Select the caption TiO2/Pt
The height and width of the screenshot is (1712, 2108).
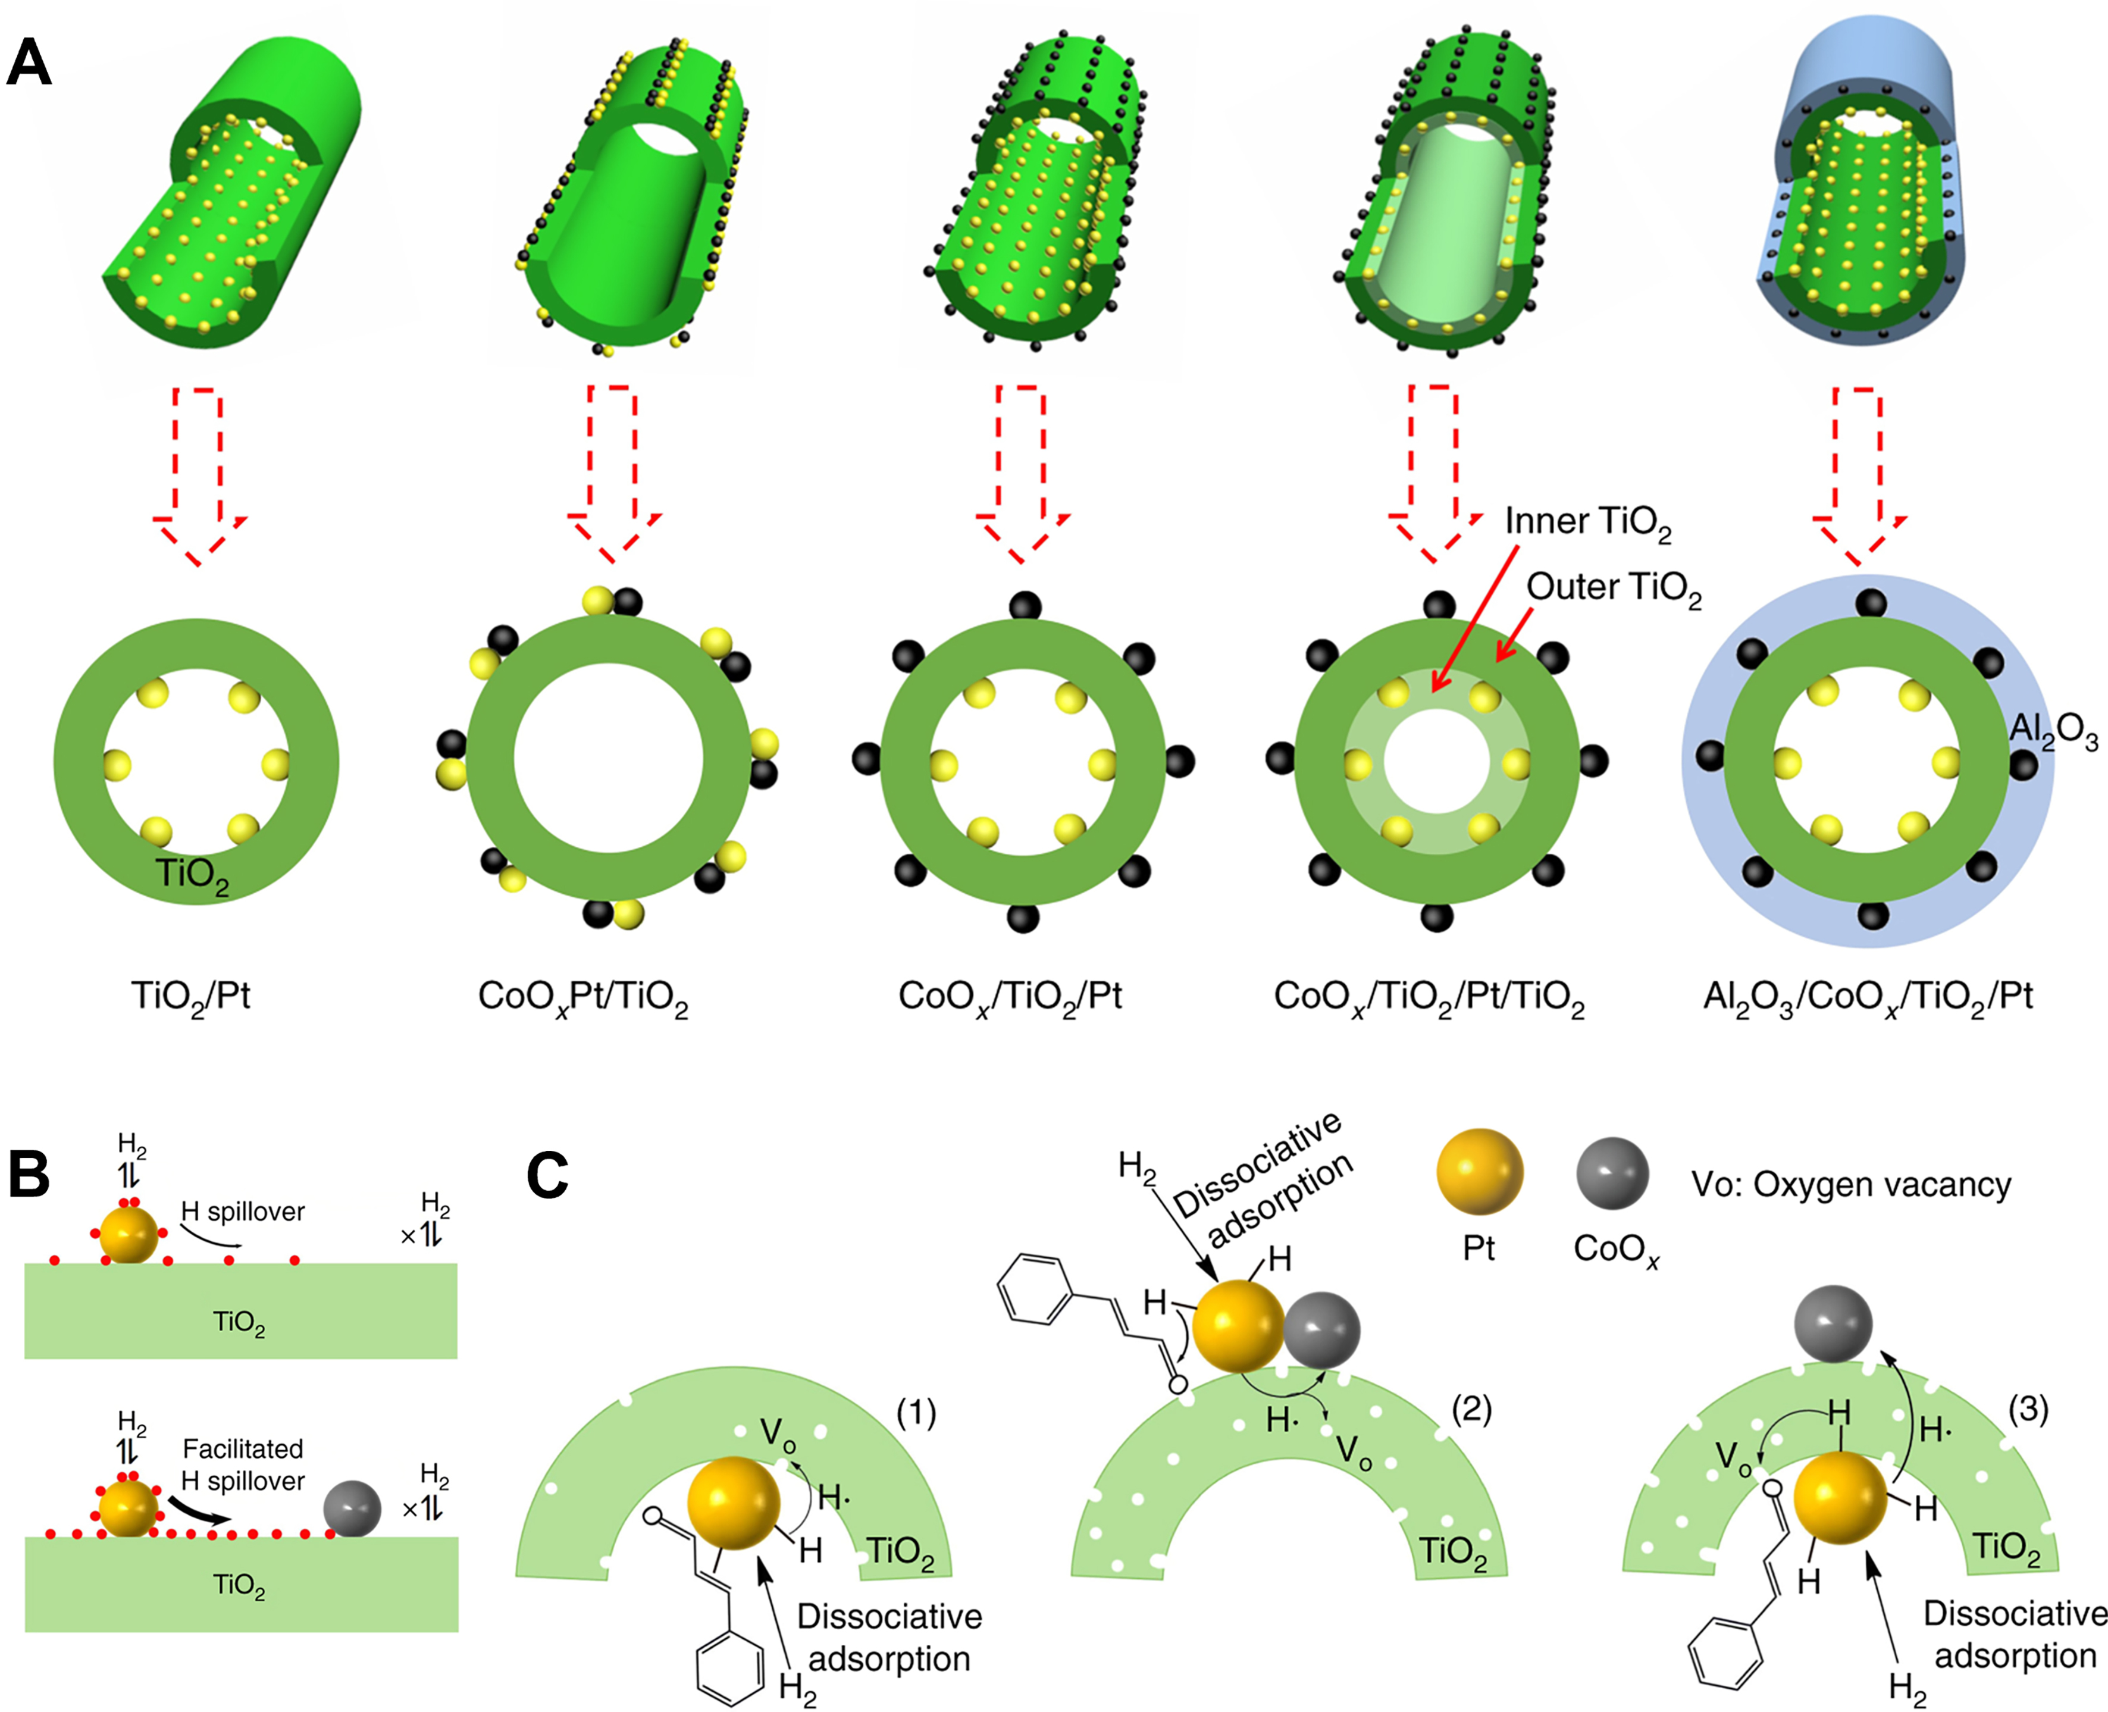click(191, 996)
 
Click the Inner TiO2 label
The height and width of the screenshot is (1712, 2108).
click(1587, 522)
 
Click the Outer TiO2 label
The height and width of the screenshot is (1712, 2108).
click(1614, 589)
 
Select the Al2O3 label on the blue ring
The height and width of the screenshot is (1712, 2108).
click(2054, 732)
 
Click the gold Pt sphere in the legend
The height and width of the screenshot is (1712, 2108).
click(1480, 1172)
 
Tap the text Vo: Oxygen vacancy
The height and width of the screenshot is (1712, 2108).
click(1850, 1184)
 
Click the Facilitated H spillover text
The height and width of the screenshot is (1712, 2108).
click(243, 1464)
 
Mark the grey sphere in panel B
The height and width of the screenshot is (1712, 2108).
click(353, 1509)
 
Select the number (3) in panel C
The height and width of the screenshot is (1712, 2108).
click(2028, 1410)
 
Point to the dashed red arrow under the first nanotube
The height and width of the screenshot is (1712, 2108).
click(198, 473)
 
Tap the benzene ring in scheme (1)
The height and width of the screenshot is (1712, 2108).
click(731, 1667)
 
